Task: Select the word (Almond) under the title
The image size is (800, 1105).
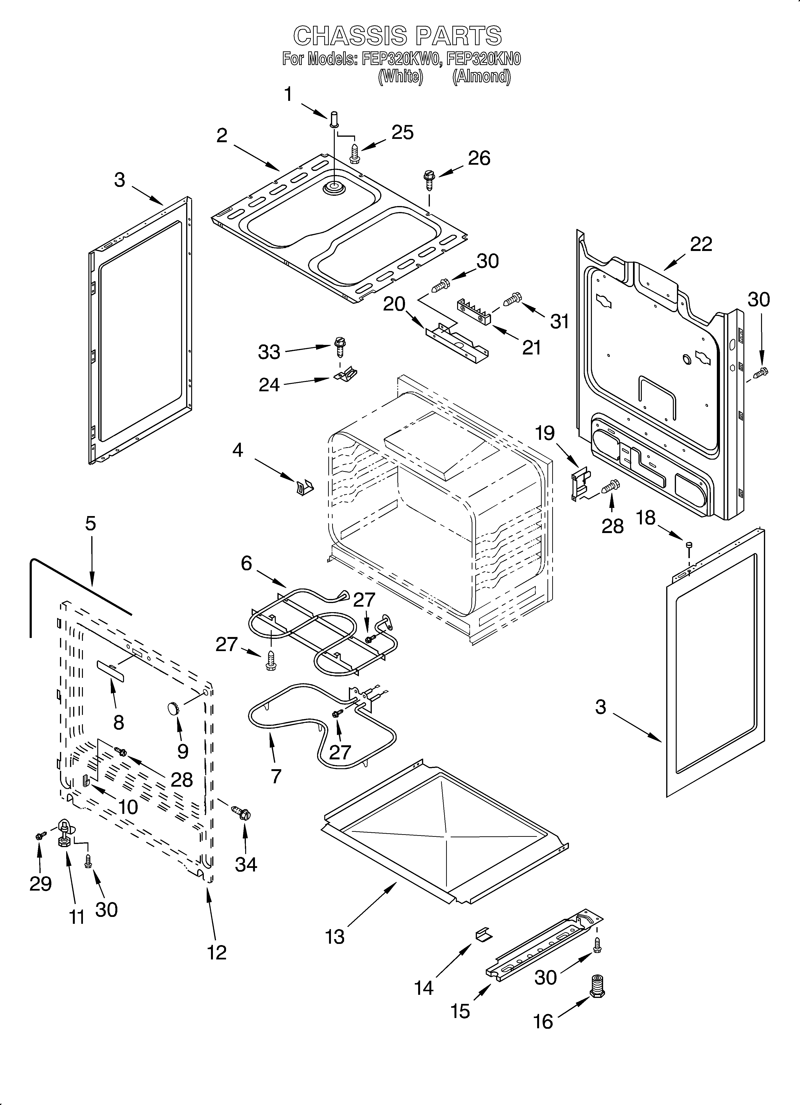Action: [x=481, y=76]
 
